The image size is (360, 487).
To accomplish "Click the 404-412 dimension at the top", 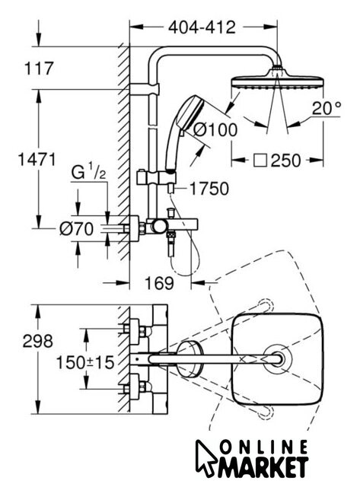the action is click(x=202, y=27).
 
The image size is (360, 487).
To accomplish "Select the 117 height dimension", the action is click(x=39, y=68).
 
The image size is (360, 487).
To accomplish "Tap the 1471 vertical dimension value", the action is click(x=37, y=159).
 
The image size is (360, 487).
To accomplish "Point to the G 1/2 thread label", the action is click(x=88, y=172).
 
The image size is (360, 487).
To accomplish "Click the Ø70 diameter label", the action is click(x=76, y=229).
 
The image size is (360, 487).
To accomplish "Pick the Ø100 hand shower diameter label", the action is click(x=215, y=129).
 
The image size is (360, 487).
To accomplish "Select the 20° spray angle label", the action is click(x=327, y=108).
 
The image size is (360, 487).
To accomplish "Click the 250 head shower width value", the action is click(x=285, y=161).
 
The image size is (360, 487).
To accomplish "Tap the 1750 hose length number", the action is click(x=209, y=189).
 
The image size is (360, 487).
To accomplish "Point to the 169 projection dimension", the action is click(x=159, y=283).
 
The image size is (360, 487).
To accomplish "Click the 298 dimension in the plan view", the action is click(x=38, y=341).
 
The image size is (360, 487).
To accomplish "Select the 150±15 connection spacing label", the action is click(x=85, y=362).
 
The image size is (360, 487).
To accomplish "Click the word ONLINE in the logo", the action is click(x=263, y=447).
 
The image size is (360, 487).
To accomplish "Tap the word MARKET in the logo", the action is click(x=263, y=466).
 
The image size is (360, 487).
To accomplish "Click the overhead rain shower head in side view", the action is click(x=278, y=80).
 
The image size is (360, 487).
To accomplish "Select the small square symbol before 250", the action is click(x=260, y=161).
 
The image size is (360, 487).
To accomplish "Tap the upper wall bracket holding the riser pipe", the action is click(x=145, y=89).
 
